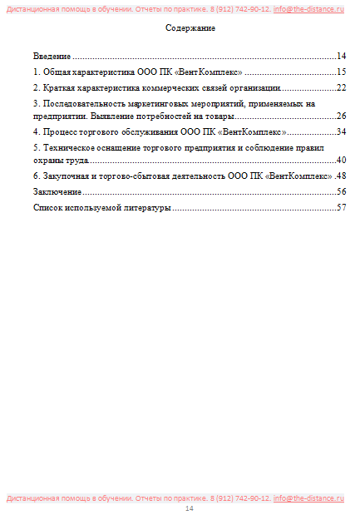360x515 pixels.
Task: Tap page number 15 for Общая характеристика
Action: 340,72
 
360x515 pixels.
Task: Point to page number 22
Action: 340,87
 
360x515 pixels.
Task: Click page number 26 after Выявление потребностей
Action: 340,116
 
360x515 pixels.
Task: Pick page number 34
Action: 340,131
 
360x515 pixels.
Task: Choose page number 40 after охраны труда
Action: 340,160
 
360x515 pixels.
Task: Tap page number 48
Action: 340,176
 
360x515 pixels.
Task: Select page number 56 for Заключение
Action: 340,191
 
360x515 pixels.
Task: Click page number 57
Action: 340,207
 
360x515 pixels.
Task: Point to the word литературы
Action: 148,207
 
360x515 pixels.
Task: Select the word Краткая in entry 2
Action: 58,87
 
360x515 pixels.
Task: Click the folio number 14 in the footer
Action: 189,508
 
